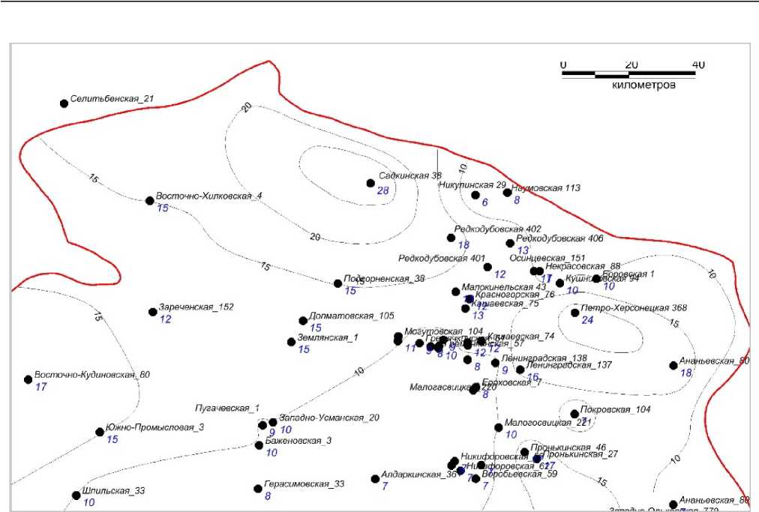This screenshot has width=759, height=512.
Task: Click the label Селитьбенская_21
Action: pos(112,99)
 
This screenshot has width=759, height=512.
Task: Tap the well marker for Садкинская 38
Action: pos(370,183)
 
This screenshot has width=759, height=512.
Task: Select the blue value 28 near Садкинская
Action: pos(382,191)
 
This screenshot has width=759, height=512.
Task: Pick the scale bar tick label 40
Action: pos(698,64)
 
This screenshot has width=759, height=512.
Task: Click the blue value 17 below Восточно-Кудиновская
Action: pos(40,387)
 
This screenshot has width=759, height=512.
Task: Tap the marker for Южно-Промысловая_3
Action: pos(100,432)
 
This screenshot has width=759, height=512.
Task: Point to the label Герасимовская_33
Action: pos(304,484)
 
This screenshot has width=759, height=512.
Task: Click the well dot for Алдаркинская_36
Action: pos(375,479)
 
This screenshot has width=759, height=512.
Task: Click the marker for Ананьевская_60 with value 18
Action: pos(673,366)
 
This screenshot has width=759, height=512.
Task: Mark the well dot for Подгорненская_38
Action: pos(338,283)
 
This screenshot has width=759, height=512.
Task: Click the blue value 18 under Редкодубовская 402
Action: pos(463,245)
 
